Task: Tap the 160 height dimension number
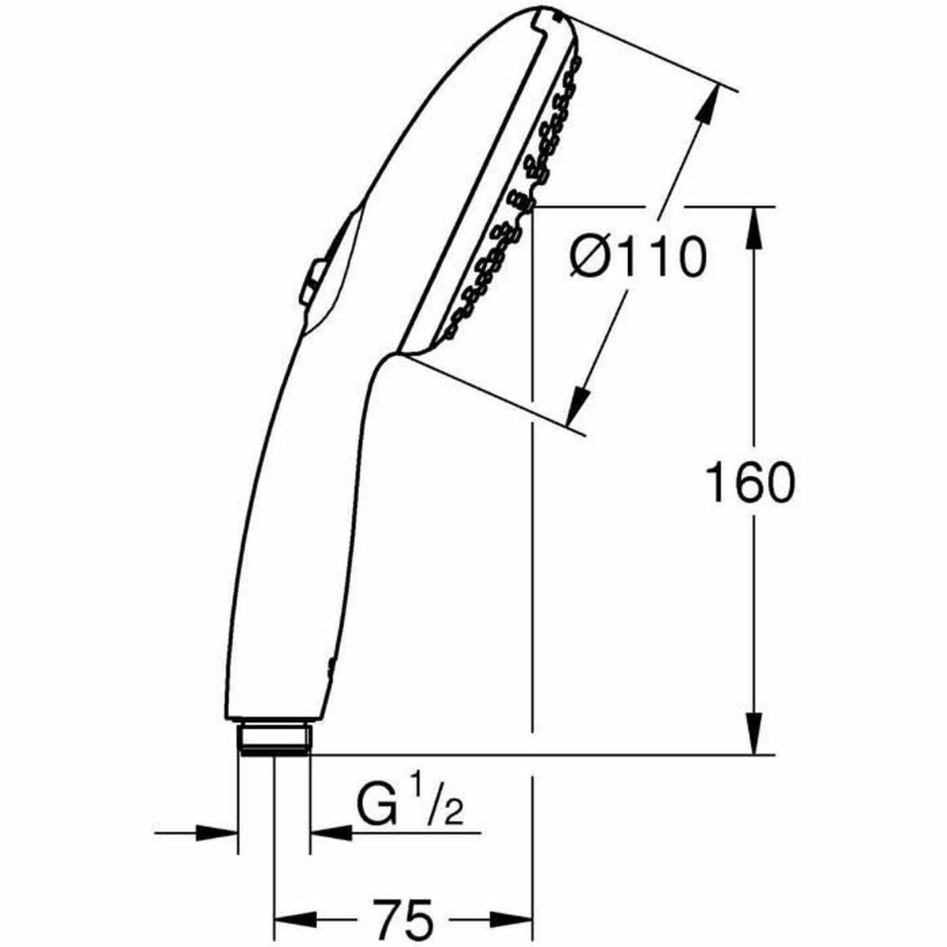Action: click(x=748, y=483)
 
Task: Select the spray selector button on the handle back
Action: click(x=309, y=283)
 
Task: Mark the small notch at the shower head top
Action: click(x=545, y=14)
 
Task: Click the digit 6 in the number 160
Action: click(x=748, y=483)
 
